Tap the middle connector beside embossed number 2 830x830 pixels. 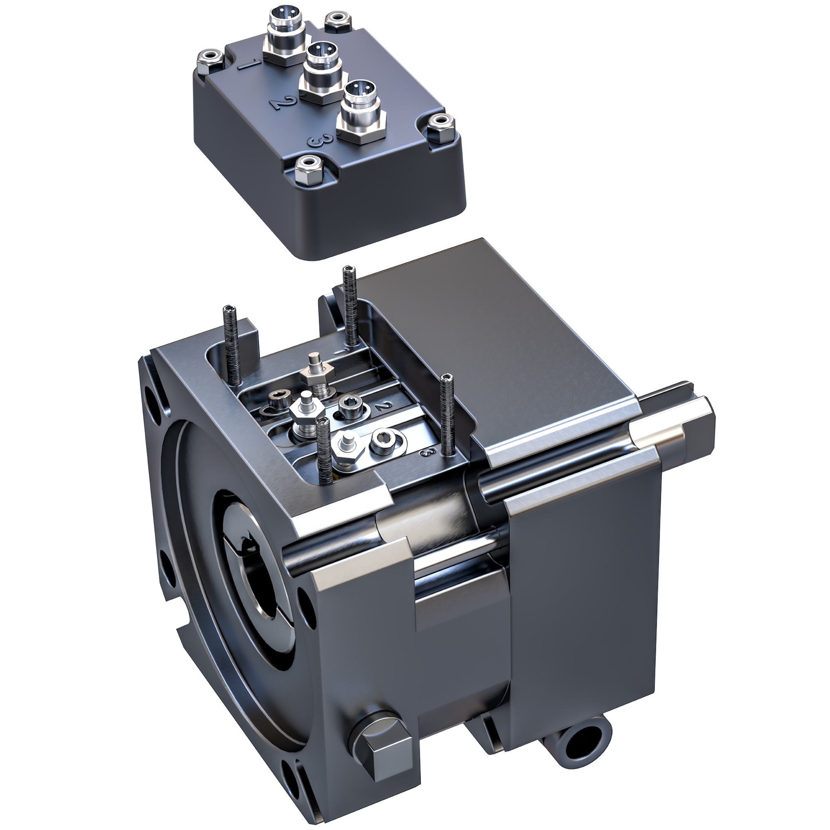pos(322,73)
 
